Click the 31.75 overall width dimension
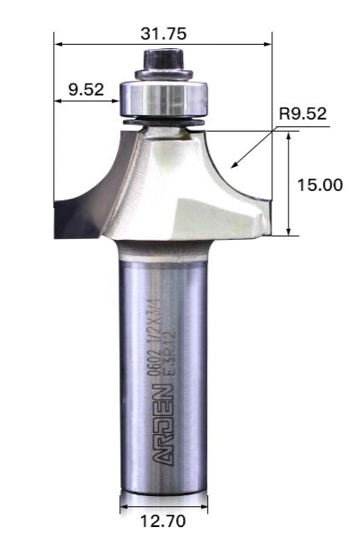tap(164, 34)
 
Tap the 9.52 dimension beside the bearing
tap(86, 89)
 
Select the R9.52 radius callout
tap(302, 113)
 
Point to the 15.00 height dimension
tap(320, 185)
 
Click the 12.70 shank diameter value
tap(163, 521)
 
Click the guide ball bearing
tap(162, 98)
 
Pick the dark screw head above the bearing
tap(163, 59)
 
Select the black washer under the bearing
tap(164, 122)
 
